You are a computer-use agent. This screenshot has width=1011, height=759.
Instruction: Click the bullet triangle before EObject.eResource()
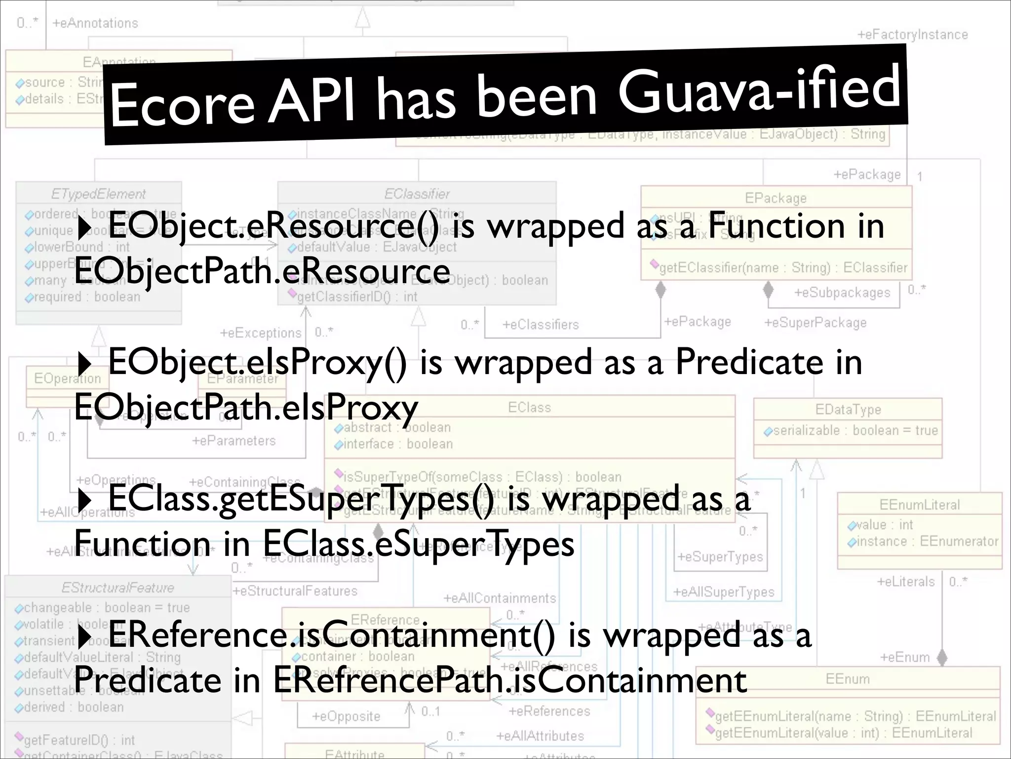84,228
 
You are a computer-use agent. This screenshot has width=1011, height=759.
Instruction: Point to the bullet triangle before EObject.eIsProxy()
84,364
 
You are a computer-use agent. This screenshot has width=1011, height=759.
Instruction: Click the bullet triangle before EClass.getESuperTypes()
84,501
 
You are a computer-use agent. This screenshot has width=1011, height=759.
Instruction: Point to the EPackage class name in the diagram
776,198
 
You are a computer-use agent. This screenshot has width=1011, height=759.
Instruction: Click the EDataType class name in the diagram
848,410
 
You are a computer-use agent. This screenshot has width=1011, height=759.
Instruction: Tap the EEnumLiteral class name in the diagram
919,505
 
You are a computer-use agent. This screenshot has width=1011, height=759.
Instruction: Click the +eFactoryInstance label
912,35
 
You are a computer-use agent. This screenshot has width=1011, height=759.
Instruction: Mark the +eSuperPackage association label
815,323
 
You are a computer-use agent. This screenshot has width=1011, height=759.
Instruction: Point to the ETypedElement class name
98,194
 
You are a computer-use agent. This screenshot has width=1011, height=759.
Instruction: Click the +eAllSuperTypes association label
724,591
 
